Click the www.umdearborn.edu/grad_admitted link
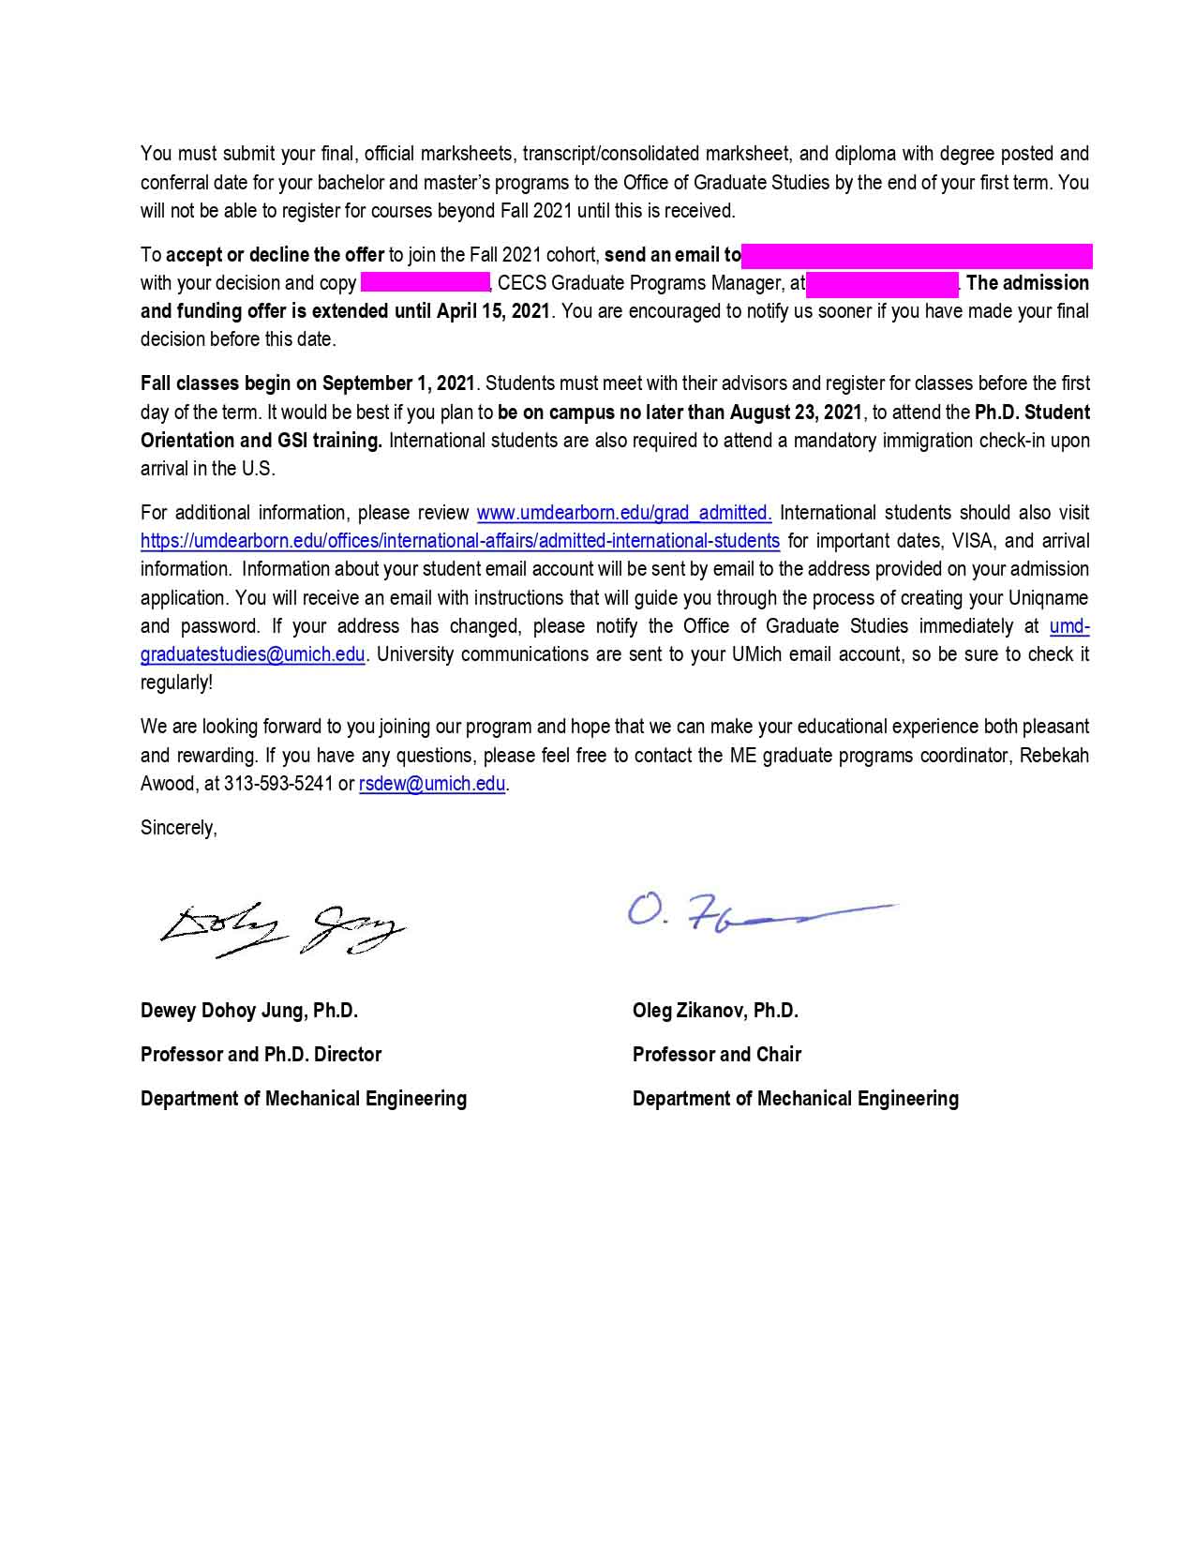tap(624, 513)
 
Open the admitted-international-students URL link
tap(459, 541)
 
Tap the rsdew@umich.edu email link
tap(432, 784)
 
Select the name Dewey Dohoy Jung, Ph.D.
tap(249, 1011)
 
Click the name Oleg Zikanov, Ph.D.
tap(715, 1011)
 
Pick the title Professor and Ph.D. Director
tap(261, 1055)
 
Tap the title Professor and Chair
tap(717, 1055)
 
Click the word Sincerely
tap(178, 828)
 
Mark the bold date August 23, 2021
tap(795, 413)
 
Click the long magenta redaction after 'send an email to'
tap(917, 255)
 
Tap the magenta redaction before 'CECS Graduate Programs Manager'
tap(426, 283)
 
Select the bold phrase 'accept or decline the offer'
tap(275, 255)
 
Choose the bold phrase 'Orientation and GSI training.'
tap(261, 441)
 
